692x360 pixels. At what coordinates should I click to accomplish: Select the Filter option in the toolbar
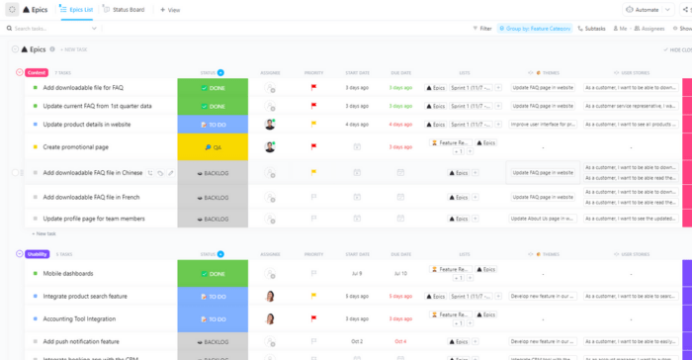[x=481, y=29]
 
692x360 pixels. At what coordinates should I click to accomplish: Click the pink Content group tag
[x=36, y=72]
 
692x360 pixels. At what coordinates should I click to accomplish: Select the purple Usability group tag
[x=37, y=254]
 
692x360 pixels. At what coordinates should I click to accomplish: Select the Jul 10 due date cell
[x=400, y=273]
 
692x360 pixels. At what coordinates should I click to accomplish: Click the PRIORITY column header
[x=313, y=72]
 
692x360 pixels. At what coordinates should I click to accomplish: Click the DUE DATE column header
[x=400, y=72]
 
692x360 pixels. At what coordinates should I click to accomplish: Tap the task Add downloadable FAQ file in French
[x=92, y=197]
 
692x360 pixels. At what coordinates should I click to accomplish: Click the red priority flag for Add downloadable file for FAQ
[x=313, y=87]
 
